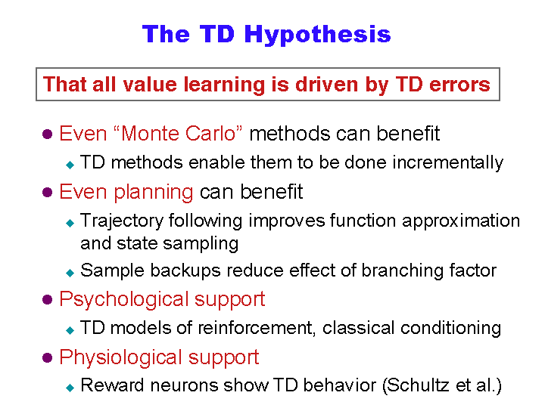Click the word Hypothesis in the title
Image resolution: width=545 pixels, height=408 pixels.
point(317,35)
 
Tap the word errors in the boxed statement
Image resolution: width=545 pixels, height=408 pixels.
point(459,85)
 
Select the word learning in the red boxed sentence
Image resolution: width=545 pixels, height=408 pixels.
point(224,85)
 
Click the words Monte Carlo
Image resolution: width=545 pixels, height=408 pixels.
point(179,133)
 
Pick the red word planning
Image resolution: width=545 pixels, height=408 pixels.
point(153,192)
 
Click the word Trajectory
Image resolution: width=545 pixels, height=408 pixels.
point(122,221)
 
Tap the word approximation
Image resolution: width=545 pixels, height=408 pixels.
point(461,221)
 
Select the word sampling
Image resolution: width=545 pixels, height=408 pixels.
point(201,244)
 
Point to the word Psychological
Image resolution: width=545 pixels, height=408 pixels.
point(123,299)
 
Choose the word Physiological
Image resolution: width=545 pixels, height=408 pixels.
point(120,357)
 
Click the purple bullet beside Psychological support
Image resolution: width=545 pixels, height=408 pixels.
point(47,299)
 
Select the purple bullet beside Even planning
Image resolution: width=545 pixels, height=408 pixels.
point(47,192)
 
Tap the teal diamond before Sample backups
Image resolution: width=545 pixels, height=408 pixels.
point(70,273)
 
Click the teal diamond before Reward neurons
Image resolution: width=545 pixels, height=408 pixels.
point(70,388)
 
